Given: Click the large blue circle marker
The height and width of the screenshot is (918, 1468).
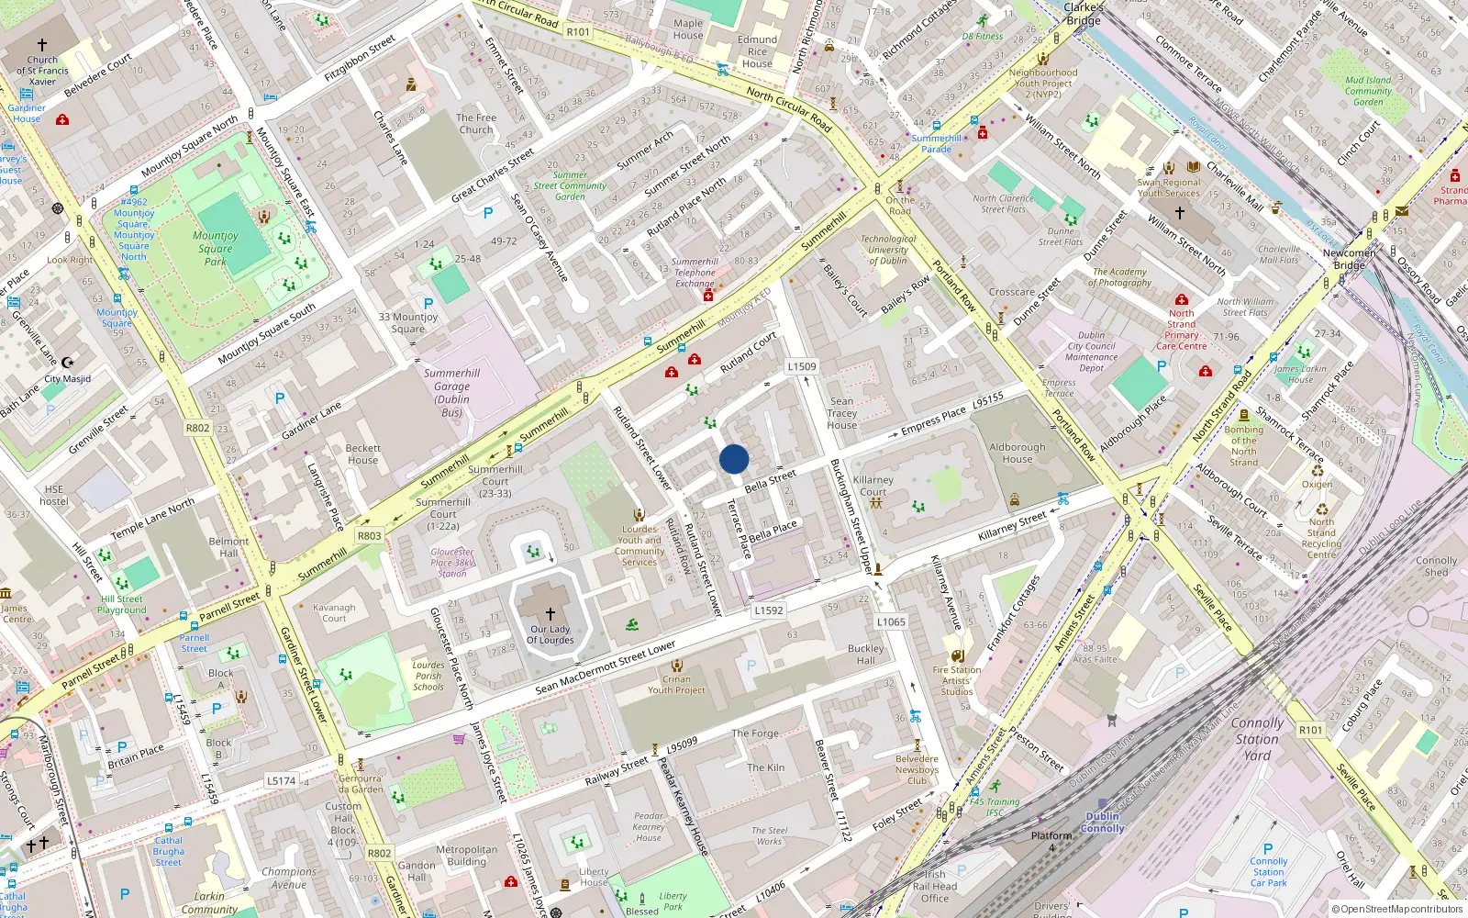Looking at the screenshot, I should (x=734, y=459).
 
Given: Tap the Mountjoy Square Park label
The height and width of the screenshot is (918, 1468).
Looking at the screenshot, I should (x=216, y=248).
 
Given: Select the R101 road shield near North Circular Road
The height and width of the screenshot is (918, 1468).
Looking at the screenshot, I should (x=579, y=31).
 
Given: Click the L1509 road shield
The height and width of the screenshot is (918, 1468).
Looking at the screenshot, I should (x=802, y=366).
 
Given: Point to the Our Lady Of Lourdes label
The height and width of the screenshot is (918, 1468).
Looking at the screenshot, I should (x=550, y=634).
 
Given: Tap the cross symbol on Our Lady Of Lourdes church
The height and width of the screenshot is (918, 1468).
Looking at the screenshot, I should (x=550, y=613).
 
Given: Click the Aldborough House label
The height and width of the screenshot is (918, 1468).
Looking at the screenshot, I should (x=1017, y=453).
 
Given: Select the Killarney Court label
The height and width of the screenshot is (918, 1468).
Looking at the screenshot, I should (x=873, y=485).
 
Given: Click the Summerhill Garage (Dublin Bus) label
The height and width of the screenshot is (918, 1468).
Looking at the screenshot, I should (x=451, y=393).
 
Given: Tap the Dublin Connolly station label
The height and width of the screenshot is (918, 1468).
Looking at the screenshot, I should (x=1102, y=822).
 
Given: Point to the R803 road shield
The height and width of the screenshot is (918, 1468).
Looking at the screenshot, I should (x=370, y=536).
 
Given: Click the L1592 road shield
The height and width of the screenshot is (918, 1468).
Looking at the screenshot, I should (x=769, y=610).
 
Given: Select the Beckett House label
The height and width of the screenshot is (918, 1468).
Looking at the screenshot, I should (x=362, y=453).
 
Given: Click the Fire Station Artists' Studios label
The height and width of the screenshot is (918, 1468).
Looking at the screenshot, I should (x=957, y=680).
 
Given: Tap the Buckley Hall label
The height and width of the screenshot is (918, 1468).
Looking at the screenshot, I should (x=865, y=654).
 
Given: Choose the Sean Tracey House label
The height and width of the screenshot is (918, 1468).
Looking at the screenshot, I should (x=841, y=413).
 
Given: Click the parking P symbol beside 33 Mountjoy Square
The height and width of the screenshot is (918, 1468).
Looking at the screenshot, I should (x=428, y=303).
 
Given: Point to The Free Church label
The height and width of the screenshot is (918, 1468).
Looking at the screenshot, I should (x=476, y=124).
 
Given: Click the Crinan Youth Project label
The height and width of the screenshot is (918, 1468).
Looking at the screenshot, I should (x=676, y=685).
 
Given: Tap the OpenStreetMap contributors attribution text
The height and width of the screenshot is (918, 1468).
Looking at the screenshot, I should (x=1397, y=909).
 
